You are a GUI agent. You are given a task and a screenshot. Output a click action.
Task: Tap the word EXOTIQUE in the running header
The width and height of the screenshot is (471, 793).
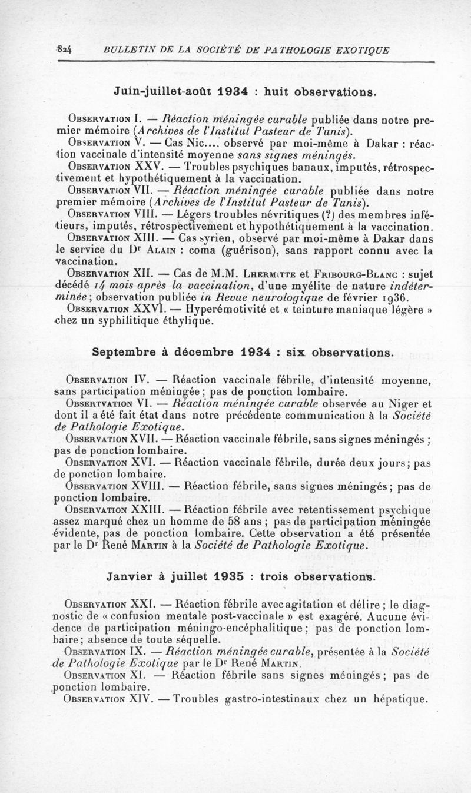pos(360,49)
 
